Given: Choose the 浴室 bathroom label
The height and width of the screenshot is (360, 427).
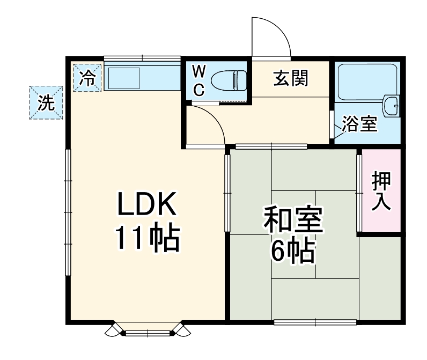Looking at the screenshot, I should (x=360, y=124).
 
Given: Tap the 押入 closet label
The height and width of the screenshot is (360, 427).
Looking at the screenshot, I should (x=381, y=191).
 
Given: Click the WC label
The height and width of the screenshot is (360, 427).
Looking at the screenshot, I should (x=198, y=80).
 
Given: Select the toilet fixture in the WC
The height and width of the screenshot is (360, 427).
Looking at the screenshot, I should (x=228, y=82).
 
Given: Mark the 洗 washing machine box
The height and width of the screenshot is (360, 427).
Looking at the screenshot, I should (x=46, y=102).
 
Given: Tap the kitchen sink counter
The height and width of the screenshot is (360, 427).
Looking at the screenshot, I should (x=141, y=78).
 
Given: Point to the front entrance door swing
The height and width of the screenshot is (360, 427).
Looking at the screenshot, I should (x=271, y=37).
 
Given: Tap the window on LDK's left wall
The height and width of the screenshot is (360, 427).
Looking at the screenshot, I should (x=68, y=212).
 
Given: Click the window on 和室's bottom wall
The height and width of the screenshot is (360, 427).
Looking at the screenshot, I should (x=315, y=322).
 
